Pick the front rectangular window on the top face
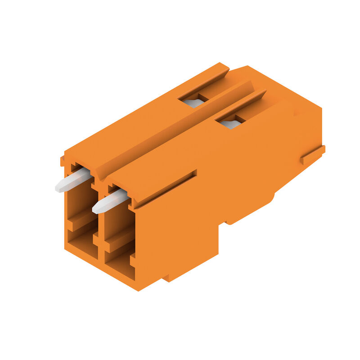point(230,121)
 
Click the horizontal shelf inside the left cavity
point(81,220)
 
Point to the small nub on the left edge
point(63,161)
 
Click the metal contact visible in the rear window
point(193,103)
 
